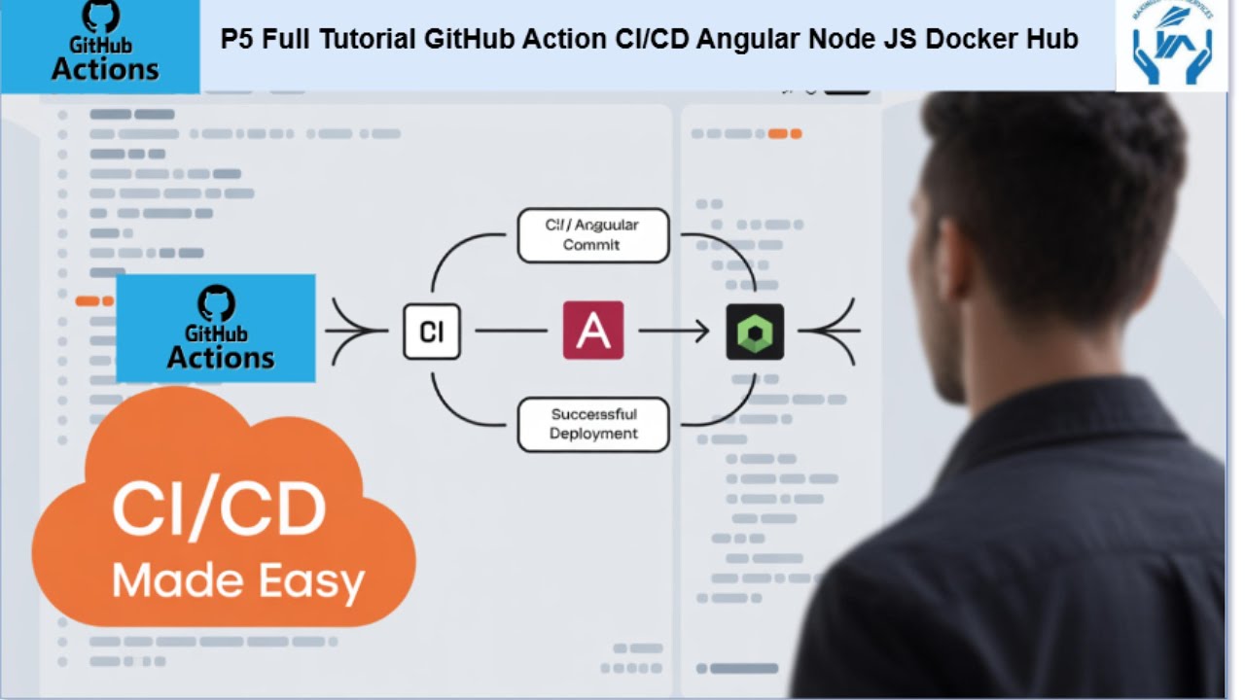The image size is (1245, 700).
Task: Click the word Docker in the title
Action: (973, 40)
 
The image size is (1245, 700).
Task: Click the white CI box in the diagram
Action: (431, 332)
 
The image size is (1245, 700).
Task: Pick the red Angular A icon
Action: (592, 331)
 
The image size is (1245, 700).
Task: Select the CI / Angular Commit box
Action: (592, 235)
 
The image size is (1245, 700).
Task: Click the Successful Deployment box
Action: (592, 424)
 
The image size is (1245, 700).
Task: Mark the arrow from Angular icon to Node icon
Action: (673, 332)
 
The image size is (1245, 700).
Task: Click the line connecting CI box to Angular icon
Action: (512, 332)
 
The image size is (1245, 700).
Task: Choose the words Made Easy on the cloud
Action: (238, 580)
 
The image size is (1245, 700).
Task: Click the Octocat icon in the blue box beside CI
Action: (216, 303)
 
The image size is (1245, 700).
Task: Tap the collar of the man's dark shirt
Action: (1050, 418)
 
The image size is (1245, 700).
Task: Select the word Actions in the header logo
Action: (105, 70)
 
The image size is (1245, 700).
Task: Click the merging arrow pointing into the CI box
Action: (355, 332)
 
